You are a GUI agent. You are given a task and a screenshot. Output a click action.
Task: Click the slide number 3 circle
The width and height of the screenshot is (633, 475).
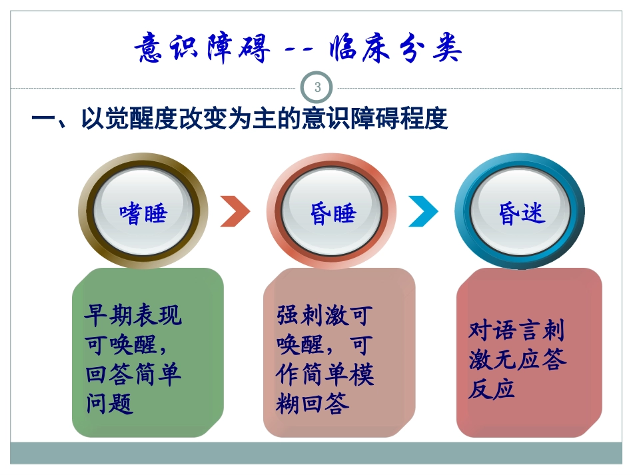(317, 87)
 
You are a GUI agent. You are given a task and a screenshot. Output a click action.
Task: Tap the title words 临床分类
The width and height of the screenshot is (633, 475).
(395, 49)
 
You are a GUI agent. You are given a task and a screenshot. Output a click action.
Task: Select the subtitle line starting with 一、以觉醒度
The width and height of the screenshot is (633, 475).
(239, 120)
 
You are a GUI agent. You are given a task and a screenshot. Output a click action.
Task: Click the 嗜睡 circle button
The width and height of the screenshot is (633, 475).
(143, 213)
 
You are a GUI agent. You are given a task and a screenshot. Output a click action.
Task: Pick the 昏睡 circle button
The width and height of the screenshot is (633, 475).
(332, 213)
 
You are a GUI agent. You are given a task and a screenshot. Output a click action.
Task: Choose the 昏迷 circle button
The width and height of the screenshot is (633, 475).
(520, 212)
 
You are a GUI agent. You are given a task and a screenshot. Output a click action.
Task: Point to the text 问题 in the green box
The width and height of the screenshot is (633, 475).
(110, 403)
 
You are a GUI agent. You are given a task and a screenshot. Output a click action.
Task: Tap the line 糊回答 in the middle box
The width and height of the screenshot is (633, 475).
(313, 403)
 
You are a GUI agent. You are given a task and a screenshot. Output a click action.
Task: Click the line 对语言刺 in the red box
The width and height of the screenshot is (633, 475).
(516, 330)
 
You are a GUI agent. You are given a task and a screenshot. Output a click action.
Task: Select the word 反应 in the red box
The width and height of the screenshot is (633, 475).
(492, 389)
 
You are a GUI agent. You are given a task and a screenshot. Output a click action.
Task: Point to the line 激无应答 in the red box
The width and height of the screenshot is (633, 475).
(517, 360)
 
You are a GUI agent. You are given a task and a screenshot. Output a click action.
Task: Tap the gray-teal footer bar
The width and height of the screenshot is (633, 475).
(316, 453)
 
